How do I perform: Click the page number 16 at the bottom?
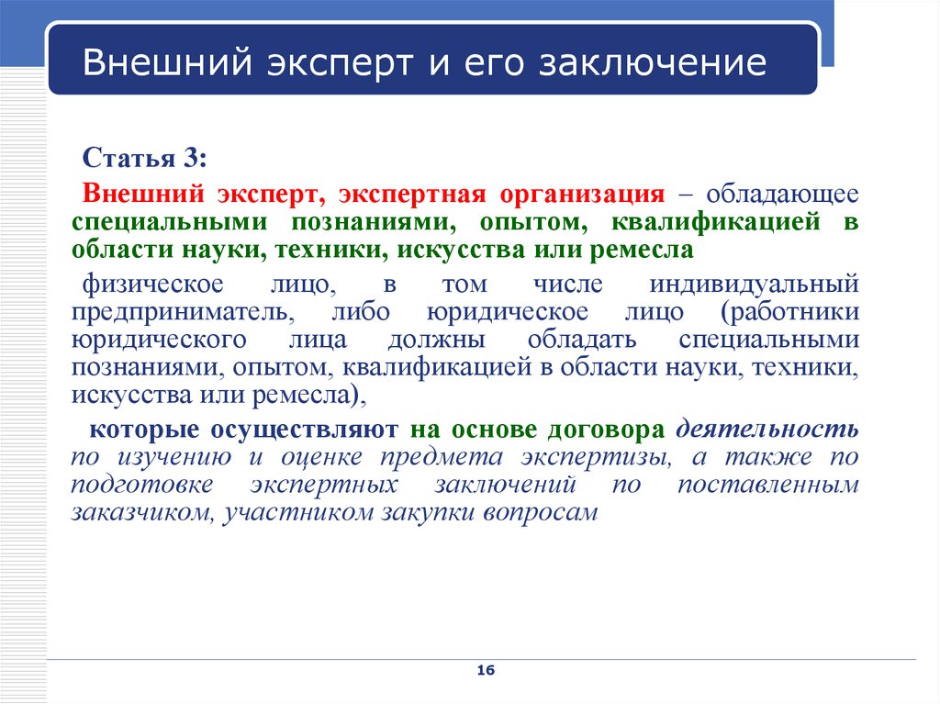point(486,670)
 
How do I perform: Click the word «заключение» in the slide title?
point(653,62)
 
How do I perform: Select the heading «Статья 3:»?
point(144,158)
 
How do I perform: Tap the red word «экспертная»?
point(412,195)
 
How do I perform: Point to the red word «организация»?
point(582,195)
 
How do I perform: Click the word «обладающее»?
point(782,195)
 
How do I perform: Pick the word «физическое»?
point(153,285)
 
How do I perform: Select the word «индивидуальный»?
point(755,285)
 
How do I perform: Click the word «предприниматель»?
point(183,312)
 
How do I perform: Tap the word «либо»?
point(361,312)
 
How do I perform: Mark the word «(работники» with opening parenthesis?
point(789,312)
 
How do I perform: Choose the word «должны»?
point(436,340)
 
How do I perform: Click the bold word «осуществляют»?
point(304,430)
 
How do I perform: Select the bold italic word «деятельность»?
point(767,430)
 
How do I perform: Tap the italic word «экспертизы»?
point(596,457)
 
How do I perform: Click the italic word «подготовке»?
point(142,486)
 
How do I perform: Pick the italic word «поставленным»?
point(768,485)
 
